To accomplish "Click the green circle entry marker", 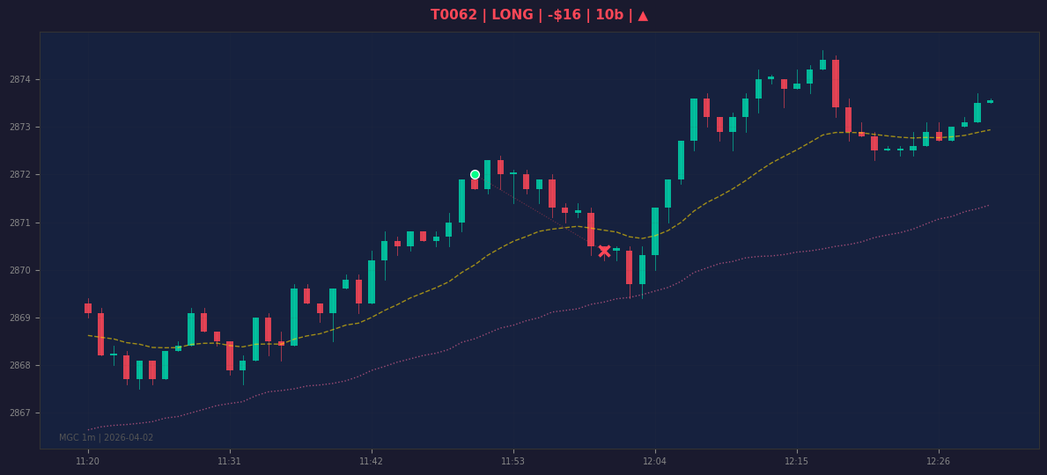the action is click(475, 175).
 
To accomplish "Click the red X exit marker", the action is click(604, 251).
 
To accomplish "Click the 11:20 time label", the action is click(87, 461).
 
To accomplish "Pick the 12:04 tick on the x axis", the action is click(654, 461).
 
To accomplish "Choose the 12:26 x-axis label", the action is click(938, 461).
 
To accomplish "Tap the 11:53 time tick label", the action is click(512, 461).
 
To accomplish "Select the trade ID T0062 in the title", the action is click(453, 15).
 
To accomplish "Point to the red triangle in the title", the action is click(642, 15).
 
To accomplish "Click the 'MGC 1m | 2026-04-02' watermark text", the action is click(107, 438).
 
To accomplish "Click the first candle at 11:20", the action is click(88, 307).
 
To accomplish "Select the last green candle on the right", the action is click(991, 101).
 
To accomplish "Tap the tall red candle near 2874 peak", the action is click(836, 84).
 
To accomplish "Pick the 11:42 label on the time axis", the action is click(372, 461).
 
